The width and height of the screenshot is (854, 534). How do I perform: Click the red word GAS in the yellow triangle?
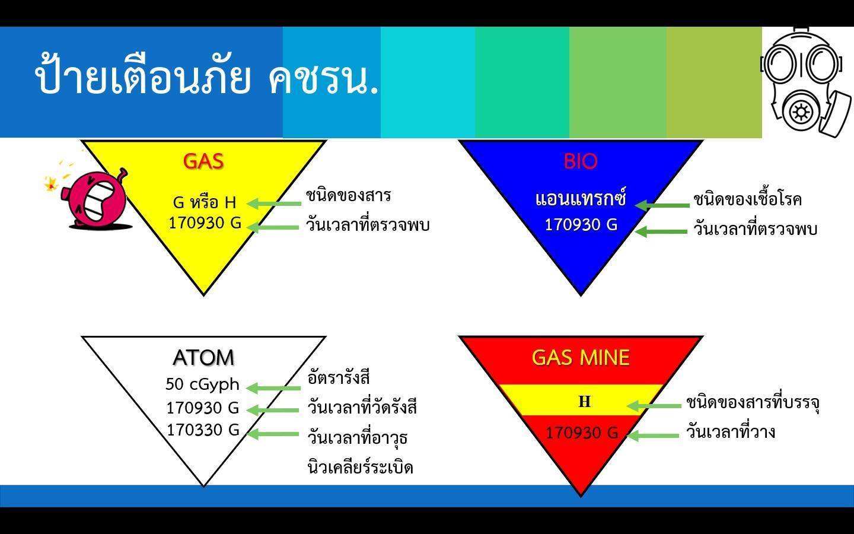[x=203, y=161]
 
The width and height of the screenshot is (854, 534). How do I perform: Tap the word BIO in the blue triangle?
[x=580, y=161]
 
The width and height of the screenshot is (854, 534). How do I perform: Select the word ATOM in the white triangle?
[x=203, y=357]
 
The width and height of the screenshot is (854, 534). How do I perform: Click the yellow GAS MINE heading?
[x=580, y=357]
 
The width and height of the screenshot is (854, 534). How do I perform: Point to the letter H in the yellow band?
[x=585, y=402]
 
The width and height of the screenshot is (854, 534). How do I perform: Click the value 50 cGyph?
[x=202, y=384]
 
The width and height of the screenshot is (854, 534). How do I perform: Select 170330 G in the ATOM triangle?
[x=203, y=430]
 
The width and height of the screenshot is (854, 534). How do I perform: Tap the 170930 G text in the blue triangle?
[x=581, y=225]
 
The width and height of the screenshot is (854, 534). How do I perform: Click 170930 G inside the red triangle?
[x=581, y=433]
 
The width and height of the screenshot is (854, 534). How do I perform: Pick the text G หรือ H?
[x=205, y=202]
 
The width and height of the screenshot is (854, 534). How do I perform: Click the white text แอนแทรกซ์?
[x=580, y=199]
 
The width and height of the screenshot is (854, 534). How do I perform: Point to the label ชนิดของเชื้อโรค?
[x=747, y=199]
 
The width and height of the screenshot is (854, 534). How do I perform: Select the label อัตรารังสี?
[x=339, y=378]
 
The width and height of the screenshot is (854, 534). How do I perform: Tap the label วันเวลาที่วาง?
[x=731, y=432]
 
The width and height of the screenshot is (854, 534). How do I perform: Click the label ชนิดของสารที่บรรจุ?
[x=753, y=403]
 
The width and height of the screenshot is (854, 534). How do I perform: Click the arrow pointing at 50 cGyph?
[x=273, y=388]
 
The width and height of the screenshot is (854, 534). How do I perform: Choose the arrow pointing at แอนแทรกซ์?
[x=662, y=205]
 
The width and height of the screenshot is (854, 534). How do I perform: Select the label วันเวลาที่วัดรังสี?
[x=362, y=407]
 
